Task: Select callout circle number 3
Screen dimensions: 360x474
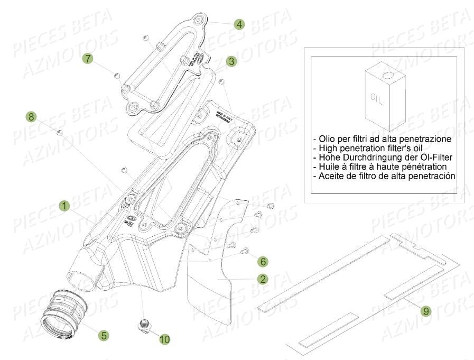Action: pos(231,61)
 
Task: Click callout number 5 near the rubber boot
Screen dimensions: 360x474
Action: pos(104,335)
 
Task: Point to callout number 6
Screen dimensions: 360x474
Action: pos(263,261)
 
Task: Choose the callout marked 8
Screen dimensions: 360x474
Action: pos(32,116)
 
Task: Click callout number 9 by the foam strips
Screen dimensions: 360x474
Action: pos(425,311)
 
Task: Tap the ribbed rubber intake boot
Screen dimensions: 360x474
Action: pos(64,308)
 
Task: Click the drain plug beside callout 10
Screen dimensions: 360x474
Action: pos(143,325)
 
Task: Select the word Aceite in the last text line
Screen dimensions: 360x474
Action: pos(331,176)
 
